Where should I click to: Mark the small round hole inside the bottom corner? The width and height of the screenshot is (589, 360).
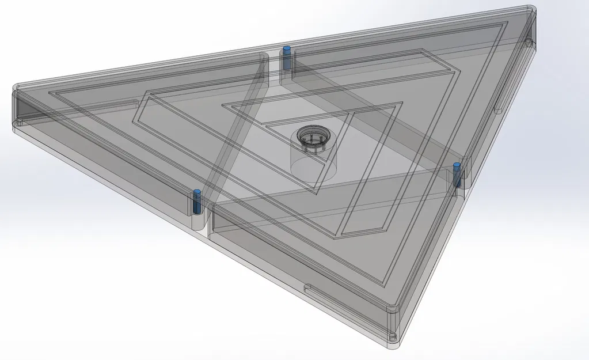(x=393, y=335)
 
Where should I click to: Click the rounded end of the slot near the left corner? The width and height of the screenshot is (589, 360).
(x=136, y=103)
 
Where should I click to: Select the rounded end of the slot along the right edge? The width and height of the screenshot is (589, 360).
(x=498, y=109)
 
